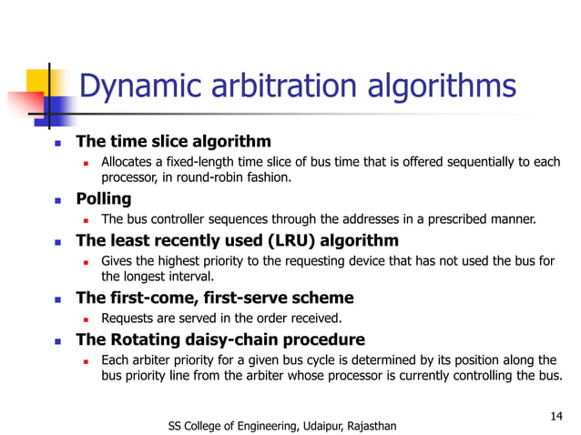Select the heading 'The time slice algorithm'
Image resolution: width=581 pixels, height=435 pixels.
(173, 142)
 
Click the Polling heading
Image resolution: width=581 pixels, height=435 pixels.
(103, 198)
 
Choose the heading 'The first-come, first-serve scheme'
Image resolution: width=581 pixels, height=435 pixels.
(214, 298)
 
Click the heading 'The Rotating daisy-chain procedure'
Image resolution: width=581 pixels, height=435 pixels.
(219, 339)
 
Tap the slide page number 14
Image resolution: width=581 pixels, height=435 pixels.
(557, 416)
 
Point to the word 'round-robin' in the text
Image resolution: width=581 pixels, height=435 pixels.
(211, 178)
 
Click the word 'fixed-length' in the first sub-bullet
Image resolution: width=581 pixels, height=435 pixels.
(203, 163)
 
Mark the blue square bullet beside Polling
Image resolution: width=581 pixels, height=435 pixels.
(56, 199)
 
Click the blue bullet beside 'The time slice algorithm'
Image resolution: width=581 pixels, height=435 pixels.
(56, 143)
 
